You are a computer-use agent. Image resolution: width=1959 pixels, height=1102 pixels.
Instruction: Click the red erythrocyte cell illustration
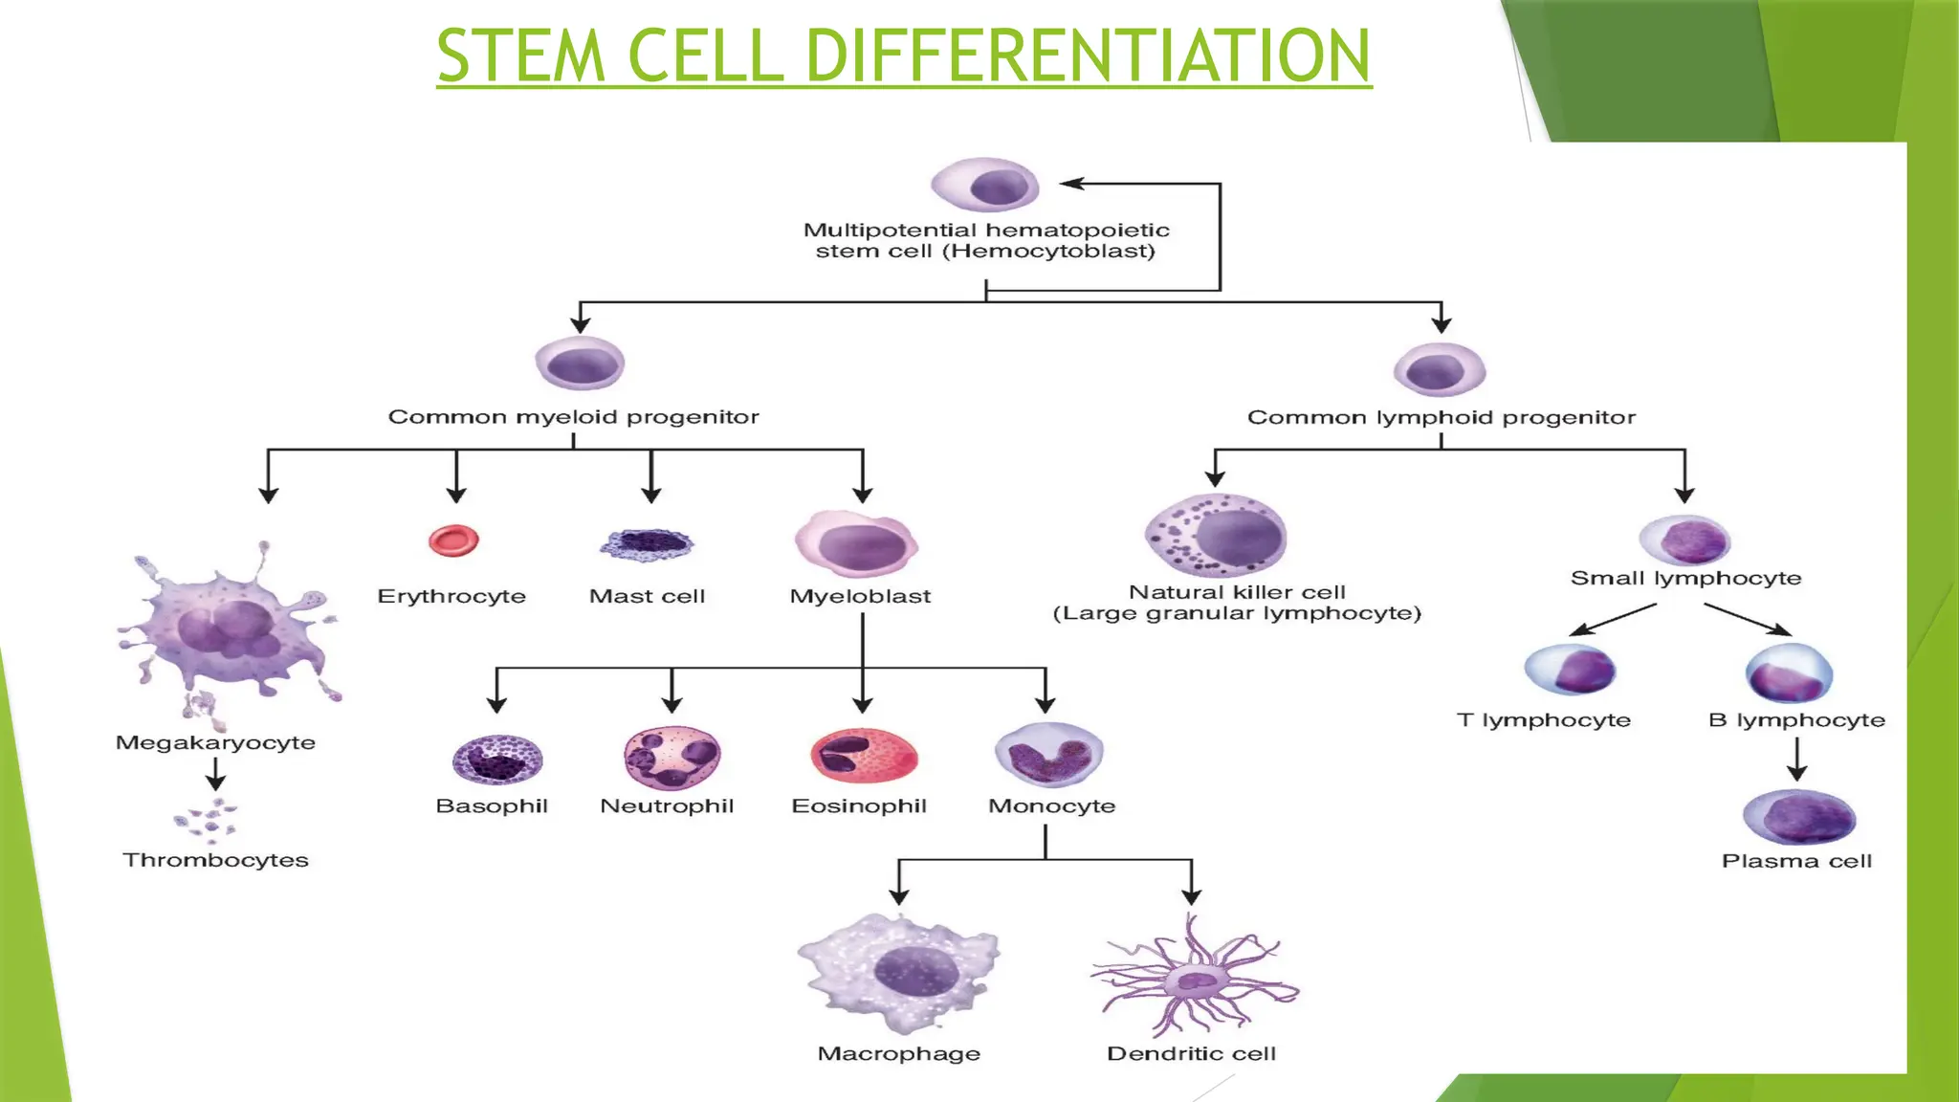tap(453, 540)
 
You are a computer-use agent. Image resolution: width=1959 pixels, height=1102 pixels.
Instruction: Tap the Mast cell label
tap(647, 596)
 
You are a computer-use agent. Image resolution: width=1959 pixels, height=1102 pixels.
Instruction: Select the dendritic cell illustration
tap(1194, 977)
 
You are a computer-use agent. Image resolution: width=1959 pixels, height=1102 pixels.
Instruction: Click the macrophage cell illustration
tap(899, 974)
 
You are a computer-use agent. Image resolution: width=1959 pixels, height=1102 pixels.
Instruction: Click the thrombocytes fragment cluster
tap(207, 820)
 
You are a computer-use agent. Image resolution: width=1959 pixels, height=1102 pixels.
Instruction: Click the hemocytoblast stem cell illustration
tap(985, 185)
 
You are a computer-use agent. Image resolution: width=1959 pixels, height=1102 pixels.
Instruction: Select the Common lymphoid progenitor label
tap(1441, 417)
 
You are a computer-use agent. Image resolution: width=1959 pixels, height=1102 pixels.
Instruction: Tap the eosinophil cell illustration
tap(864, 756)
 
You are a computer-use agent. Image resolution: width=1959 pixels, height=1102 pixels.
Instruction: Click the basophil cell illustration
tap(496, 760)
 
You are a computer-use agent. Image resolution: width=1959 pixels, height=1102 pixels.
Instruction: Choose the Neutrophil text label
tap(667, 805)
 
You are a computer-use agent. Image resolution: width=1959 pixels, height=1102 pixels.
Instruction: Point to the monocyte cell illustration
tap(1048, 755)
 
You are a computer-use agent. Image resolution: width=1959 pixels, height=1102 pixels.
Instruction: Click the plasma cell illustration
tap(1798, 817)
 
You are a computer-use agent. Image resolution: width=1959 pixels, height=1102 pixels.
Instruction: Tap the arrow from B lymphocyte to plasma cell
tap(1796, 760)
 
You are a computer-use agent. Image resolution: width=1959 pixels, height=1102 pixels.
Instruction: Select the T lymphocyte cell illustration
tap(1570, 669)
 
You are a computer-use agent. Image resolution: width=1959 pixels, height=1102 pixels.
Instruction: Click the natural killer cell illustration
tap(1216, 536)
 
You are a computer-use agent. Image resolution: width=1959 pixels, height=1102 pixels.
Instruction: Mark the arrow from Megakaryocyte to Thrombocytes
tap(216, 773)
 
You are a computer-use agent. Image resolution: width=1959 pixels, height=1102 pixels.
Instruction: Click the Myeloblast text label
tap(860, 596)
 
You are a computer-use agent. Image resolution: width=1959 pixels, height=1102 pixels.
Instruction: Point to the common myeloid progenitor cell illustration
tap(580, 364)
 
